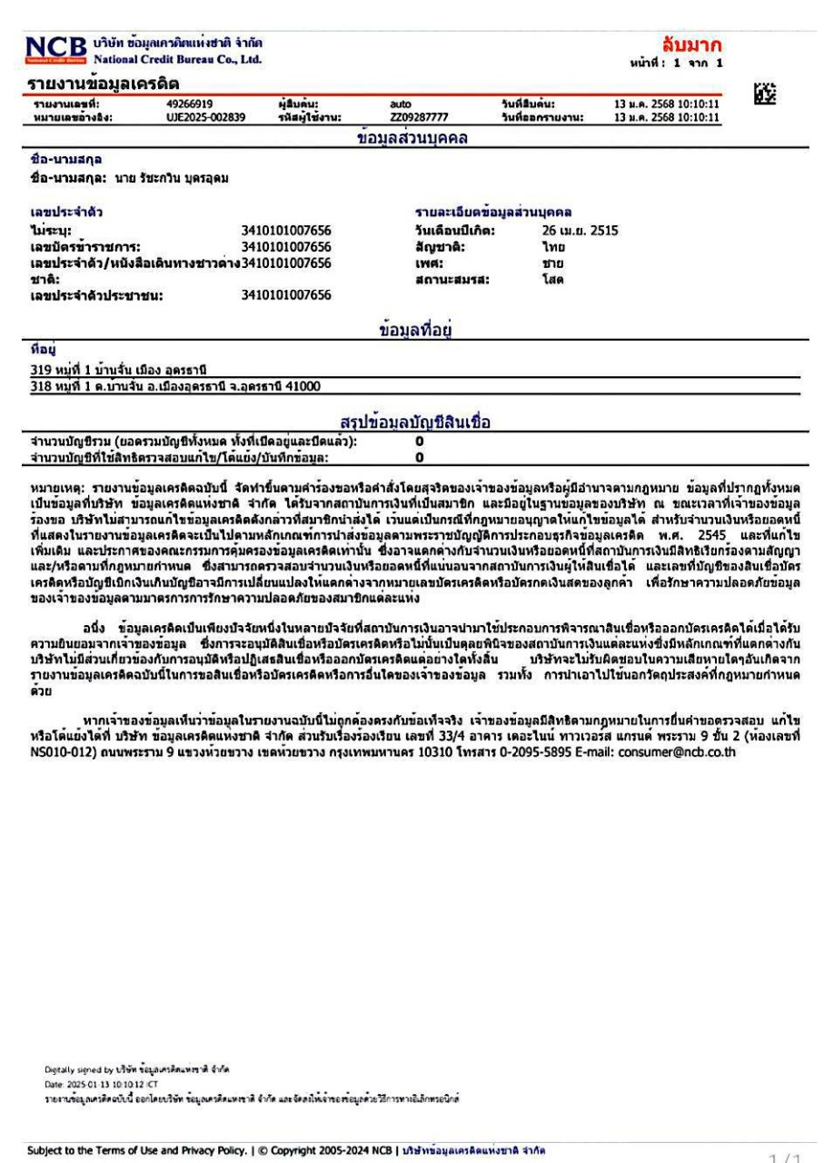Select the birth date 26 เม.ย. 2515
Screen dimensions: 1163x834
(574, 230)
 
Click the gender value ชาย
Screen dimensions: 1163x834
(542, 262)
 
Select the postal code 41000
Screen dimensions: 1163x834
(310, 385)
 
